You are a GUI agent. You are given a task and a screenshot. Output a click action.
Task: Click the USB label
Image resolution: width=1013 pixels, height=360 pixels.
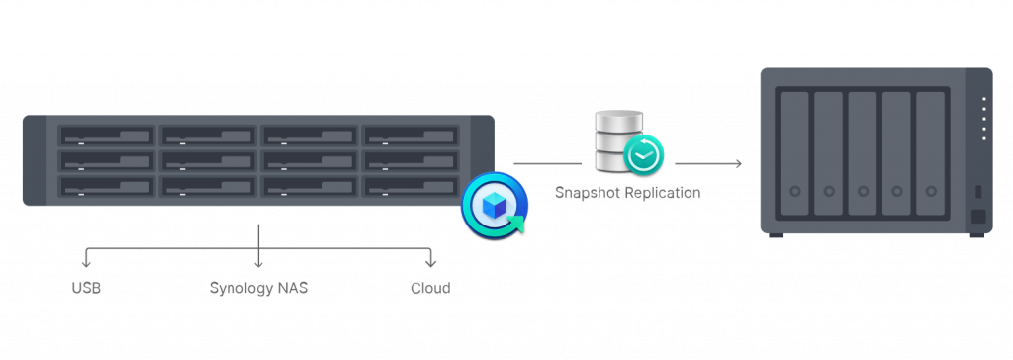point(86,288)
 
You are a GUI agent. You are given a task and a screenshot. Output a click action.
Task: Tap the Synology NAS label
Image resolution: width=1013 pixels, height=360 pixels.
point(258,288)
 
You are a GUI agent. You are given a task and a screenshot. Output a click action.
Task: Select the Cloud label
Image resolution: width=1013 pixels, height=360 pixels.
point(430,288)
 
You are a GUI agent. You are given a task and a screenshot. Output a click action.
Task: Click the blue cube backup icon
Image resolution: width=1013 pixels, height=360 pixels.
point(495,207)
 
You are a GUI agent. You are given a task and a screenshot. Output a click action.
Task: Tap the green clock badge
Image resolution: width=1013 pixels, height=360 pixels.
point(643,154)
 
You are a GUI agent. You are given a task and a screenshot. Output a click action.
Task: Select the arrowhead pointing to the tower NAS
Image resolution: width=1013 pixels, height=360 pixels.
point(738,163)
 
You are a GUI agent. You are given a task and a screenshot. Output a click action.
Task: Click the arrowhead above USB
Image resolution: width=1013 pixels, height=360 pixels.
point(86,263)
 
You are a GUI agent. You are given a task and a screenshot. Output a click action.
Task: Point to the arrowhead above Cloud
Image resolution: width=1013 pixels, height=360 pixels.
point(430,263)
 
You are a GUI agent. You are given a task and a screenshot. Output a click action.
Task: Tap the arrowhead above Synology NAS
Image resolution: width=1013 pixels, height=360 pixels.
point(258,263)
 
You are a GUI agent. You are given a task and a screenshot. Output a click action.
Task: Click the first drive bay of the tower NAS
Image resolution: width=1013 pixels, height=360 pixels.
point(794,154)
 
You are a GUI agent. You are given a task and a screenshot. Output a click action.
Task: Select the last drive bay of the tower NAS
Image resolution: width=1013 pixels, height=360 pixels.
point(930,154)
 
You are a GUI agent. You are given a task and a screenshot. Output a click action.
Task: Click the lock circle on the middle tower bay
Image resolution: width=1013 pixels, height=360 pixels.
point(863,191)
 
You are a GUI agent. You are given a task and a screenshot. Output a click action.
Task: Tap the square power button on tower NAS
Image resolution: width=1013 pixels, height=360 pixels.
point(978,217)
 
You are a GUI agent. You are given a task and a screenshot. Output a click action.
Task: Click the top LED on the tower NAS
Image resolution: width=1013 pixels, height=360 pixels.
point(984,100)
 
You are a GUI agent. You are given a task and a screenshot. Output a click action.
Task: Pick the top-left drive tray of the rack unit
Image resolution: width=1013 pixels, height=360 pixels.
point(107,135)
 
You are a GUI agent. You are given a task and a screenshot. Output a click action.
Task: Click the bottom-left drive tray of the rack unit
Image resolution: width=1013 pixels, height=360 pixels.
point(107,186)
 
